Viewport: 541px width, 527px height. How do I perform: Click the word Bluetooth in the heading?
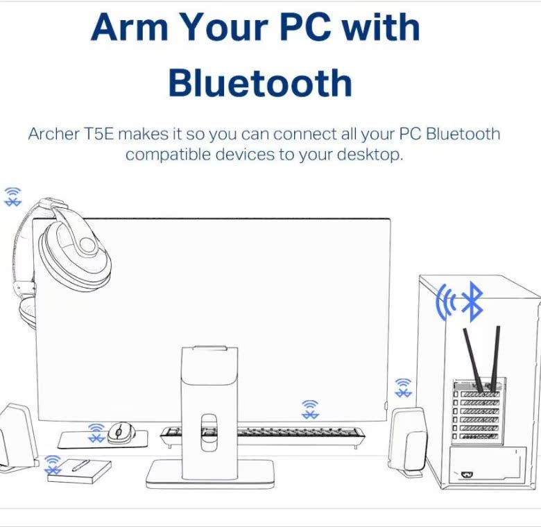[260, 83]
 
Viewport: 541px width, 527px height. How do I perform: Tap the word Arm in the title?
[129, 28]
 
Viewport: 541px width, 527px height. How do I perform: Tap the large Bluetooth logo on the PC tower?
[472, 302]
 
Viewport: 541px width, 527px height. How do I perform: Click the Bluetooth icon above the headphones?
[12, 196]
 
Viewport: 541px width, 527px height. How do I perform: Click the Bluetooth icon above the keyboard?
[310, 409]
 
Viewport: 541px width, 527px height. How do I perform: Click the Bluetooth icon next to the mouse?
[96, 433]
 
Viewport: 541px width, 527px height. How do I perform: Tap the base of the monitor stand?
[209, 473]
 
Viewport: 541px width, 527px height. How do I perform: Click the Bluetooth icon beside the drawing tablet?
[53, 465]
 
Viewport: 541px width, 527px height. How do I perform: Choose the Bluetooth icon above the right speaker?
[403, 388]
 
